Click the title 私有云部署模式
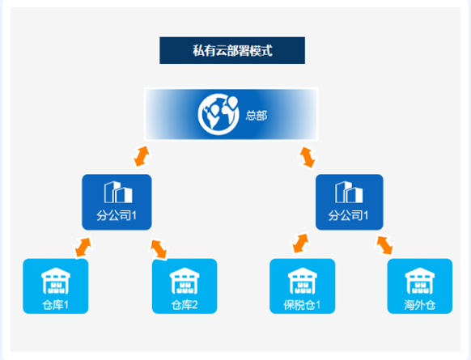pos(232,50)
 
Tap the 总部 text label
pos(257,116)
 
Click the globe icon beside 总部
pos(219,114)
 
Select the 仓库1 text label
pos(56,305)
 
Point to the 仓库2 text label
pos(185,305)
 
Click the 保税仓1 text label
pos(302,305)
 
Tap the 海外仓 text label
pos(420,305)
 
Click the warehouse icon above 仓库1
pos(56,281)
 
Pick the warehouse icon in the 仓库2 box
pos(185,281)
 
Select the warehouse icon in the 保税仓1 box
pos(302,281)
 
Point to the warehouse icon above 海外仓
pos(420,281)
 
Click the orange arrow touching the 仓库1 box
pos(83,248)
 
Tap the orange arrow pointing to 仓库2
pos(159,249)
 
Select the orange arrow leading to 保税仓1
pos(301,244)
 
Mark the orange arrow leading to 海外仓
pos(384,245)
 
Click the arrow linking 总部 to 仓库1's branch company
pos(142,156)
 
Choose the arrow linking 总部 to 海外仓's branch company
pos(308,157)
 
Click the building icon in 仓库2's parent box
pos(118,193)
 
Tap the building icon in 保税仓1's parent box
pos(349,193)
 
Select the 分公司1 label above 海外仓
pos(348,215)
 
